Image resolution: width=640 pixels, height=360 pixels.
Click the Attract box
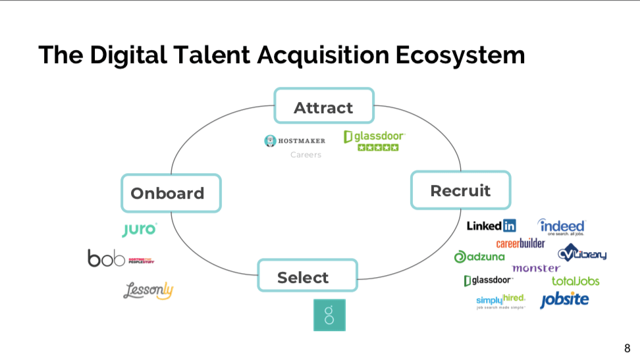coord(324,106)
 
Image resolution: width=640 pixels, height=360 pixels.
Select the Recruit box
coord(460,190)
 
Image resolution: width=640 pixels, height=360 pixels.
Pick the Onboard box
coord(171,193)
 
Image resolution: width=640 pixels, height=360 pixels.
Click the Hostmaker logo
coord(295,140)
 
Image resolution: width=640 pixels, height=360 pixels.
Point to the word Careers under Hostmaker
coord(306,155)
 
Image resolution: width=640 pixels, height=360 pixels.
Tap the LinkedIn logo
coord(491,226)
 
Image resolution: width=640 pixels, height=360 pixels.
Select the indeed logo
coord(561,226)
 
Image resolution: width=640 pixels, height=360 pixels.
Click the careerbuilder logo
coord(520,243)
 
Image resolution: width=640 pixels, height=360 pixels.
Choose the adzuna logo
coord(479,257)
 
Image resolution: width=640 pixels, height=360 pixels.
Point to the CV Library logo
coord(582,253)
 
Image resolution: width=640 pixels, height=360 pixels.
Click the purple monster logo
coord(535,269)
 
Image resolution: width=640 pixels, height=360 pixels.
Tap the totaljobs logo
coord(575,281)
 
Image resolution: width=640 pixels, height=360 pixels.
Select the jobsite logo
coord(564,300)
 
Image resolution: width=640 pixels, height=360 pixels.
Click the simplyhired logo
coord(500,301)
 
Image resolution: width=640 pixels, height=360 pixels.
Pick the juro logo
coord(140,229)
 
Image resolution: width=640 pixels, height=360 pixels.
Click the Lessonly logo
coord(148,290)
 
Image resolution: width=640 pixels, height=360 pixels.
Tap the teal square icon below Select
coord(329,315)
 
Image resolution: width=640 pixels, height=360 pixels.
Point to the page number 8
coord(627,348)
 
